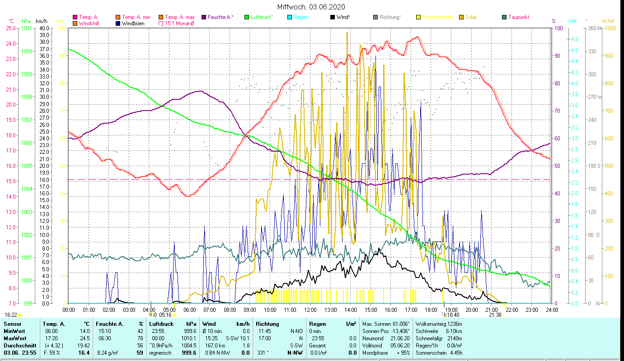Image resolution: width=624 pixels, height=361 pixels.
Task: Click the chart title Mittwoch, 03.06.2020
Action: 311,7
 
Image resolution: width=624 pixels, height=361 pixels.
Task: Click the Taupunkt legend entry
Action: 518,17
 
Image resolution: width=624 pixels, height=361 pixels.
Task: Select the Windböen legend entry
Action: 133,23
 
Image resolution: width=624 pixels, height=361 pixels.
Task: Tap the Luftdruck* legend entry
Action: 262,17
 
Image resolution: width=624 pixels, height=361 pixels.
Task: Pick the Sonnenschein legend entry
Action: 437,17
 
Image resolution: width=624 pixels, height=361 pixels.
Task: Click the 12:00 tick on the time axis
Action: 310,310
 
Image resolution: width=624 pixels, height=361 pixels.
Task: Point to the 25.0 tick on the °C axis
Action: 10,28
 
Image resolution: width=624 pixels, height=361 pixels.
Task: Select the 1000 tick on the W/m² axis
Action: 610,28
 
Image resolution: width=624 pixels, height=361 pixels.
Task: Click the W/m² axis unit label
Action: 608,21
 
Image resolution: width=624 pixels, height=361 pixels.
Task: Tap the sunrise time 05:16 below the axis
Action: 166,315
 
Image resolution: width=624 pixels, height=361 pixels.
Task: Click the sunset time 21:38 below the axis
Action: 495,315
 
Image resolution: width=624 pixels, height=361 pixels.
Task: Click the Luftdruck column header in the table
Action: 161,324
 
